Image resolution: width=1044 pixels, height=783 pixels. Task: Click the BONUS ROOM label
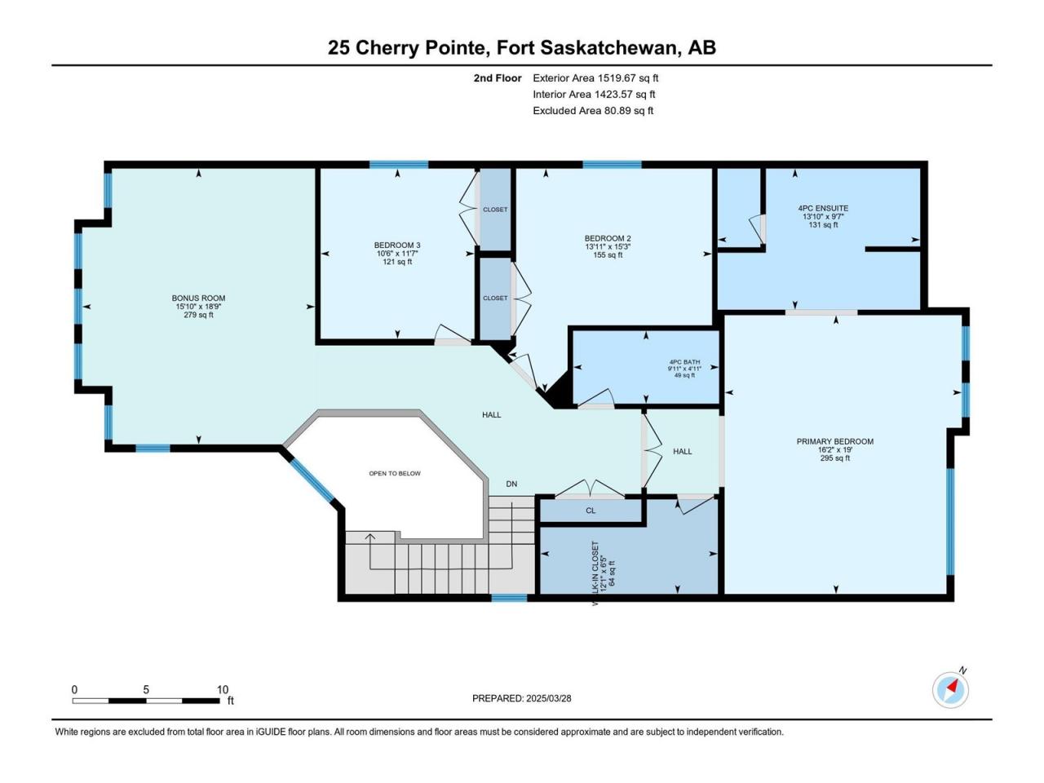pos(198,298)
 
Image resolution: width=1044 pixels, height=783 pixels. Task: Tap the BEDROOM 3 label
pos(397,246)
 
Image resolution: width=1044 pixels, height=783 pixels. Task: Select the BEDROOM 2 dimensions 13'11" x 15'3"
pos(608,247)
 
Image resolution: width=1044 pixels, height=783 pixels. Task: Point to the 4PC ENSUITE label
pos(823,208)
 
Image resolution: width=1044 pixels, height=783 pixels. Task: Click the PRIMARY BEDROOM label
pos(834,441)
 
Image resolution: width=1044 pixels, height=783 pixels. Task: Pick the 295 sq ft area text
pos(834,458)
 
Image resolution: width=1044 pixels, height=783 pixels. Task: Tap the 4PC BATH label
pos(684,362)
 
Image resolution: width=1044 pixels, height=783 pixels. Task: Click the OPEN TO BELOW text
pos(395,474)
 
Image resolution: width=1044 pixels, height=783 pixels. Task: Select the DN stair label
pos(511,484)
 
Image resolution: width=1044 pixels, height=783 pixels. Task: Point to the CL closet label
pos(591,511)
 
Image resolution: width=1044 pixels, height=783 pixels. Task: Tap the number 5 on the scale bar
pos(146,689)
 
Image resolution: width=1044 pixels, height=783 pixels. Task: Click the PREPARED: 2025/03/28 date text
pos(522,698)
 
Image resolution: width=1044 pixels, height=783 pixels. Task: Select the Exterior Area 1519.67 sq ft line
pos(595,78)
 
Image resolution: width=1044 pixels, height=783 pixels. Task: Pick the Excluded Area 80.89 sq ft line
pos(593,111)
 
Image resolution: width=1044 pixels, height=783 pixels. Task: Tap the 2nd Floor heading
pos(498,78)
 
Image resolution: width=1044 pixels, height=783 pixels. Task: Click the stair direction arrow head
pos(370,537)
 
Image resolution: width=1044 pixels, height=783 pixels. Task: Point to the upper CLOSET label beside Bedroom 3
pos(495,210)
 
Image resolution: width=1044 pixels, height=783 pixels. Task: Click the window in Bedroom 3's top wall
pos(399,165)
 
